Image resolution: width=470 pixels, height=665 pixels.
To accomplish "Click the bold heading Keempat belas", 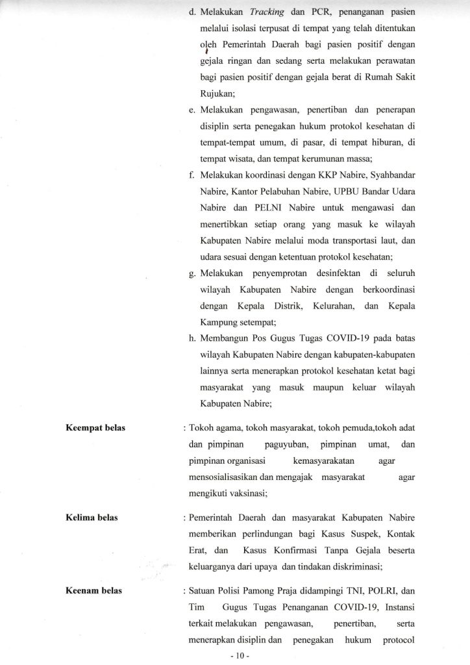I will point(95,429).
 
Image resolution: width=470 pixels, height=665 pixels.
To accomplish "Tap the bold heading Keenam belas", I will point(93,592).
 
